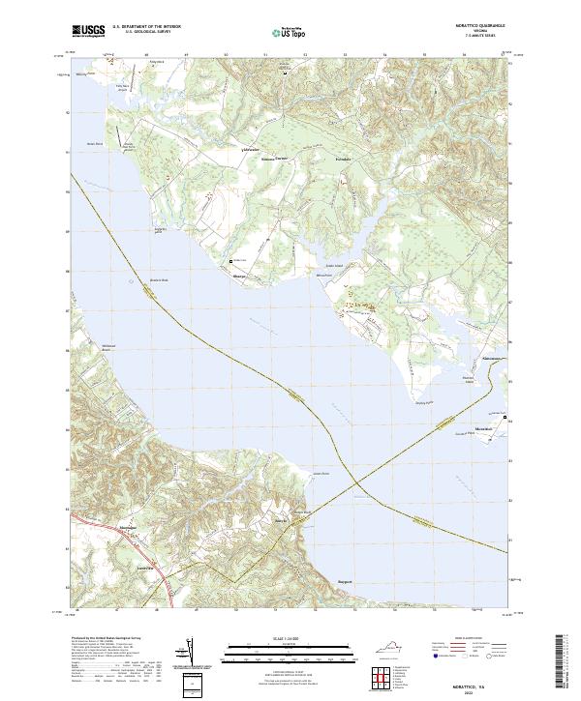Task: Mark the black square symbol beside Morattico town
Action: pyautogui.click(x=504, y=418)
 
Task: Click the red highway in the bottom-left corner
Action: pyautogui.click(x=165, y=591)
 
